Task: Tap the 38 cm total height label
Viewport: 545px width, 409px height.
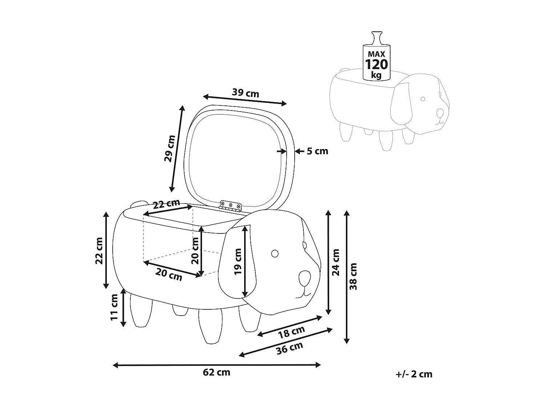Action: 353,277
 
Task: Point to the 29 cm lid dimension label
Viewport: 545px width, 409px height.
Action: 170,148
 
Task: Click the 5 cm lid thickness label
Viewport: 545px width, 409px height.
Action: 317,151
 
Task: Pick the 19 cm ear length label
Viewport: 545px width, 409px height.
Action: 238,261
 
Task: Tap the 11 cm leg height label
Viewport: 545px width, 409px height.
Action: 114,307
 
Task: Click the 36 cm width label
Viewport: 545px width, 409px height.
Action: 290,348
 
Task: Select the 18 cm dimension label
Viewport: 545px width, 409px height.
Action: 291,332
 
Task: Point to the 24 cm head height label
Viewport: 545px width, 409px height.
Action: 336,262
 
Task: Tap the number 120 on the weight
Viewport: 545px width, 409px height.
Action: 376,65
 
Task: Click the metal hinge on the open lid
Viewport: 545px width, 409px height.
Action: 231,206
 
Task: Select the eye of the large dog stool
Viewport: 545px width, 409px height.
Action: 275,253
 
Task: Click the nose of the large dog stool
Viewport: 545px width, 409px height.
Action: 304,278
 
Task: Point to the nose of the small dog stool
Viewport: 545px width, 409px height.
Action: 440,113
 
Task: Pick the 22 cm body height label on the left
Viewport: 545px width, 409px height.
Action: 99,251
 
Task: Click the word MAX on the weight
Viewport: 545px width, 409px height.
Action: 376,54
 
